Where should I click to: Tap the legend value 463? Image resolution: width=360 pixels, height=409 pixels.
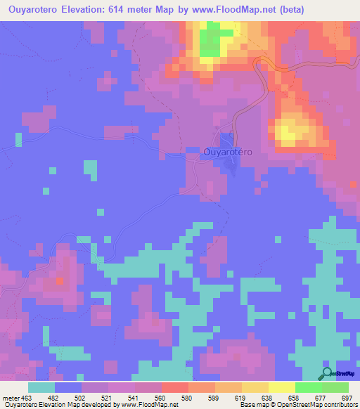coord(25,398)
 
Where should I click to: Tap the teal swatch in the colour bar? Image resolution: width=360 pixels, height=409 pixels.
coord(41,387)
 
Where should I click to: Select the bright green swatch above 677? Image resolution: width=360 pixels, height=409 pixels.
coord(309,387)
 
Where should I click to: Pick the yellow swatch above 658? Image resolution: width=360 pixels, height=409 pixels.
coord(282,387)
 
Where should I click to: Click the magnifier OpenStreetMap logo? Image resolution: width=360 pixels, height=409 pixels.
coord(327,373)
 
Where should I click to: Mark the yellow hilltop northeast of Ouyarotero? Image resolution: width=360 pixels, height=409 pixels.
coord(288,131)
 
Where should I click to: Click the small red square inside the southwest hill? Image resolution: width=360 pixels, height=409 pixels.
coord(59,281)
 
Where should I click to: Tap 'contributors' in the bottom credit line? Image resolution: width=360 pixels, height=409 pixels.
coord(337,405)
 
